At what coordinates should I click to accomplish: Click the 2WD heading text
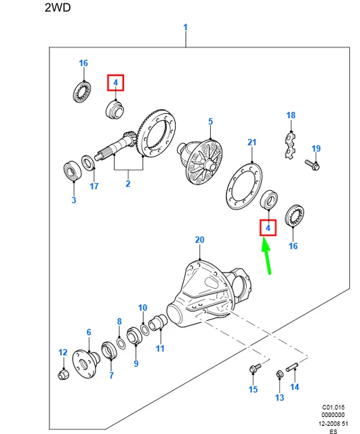(58, 7)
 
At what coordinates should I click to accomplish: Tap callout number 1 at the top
(185, 27)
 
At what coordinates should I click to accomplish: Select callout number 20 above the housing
(199, 239)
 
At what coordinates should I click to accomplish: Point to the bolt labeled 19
(313, 164)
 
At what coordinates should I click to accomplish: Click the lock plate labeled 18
(290, 146)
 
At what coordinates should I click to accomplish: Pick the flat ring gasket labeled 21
(244, 186)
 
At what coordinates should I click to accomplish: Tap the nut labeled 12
(64, 374)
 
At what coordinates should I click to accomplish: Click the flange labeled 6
(86, 364)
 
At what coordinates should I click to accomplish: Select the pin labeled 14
(292, 367)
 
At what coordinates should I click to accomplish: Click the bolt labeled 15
(255, 368)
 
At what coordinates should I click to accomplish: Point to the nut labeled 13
(279, 374)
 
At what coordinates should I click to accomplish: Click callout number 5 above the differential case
(211, 121)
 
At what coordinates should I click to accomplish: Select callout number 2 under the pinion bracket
(128, 184)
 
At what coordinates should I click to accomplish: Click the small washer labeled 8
(121, 343)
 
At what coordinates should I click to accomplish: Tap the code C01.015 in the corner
(333, 407)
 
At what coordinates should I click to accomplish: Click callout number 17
(94, 186)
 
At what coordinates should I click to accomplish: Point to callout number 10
(142, 308)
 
